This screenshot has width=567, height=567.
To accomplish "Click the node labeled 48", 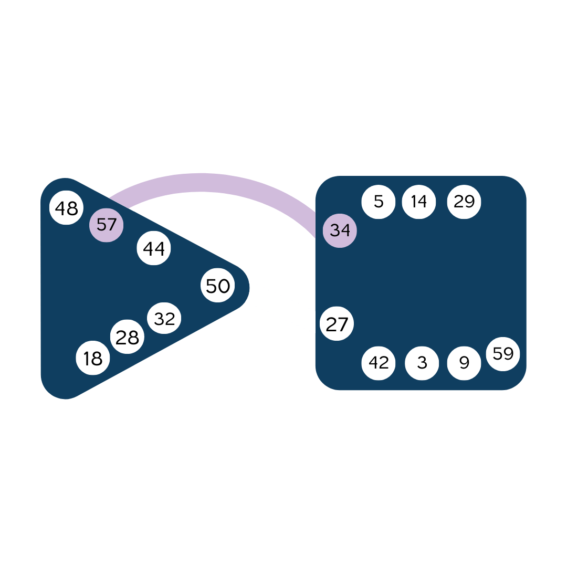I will [x=66, y=208].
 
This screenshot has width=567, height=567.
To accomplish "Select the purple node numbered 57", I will [x=106, y=225].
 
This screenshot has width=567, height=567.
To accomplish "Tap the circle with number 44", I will [x=154, y=248].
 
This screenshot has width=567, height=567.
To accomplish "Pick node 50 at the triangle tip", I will [x=217, y=286].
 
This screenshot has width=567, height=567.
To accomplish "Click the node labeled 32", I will [x=164, y=318].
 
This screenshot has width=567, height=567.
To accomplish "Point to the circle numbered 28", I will [x=127, y=337].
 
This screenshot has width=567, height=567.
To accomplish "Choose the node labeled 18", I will [x=93, y=358].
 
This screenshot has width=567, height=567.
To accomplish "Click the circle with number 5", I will [x=379, y=201].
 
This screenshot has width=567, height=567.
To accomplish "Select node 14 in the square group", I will [x=418, y=201].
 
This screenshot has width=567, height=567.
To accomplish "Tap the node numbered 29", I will [x=464, y=201].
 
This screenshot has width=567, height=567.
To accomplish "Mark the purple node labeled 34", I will [x=340, y=230].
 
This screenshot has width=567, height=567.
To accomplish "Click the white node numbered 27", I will [x=337, y=324].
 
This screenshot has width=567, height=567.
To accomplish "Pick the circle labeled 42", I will [x=379, y=362].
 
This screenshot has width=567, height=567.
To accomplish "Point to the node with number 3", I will [x=422, y=363].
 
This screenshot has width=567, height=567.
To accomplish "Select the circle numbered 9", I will [x=464, y=363].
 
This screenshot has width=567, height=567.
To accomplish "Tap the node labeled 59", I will [x=503, y=354].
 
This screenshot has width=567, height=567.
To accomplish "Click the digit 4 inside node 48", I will [x=60, y=208].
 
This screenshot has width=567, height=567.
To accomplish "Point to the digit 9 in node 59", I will [x=508, y=354].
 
